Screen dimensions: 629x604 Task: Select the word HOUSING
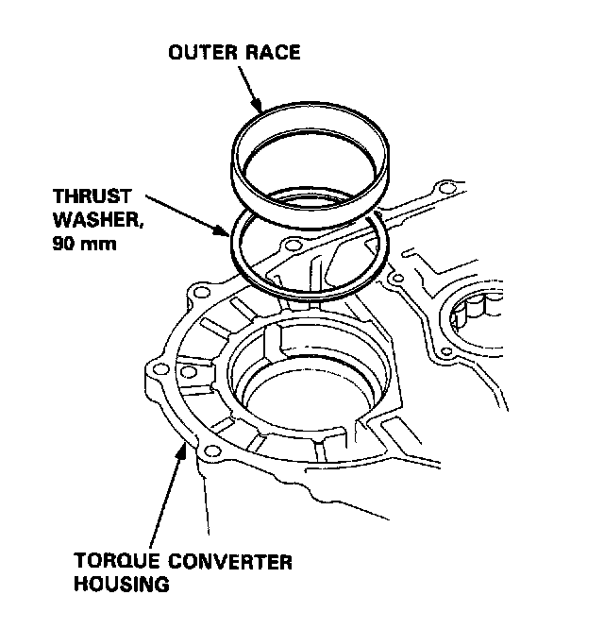pyautogui.click(x=122, y=584)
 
